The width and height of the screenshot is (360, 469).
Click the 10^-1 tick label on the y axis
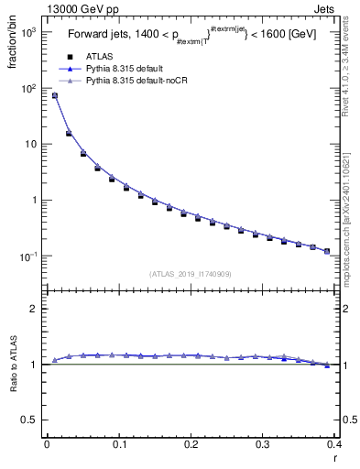(x=27, y=256)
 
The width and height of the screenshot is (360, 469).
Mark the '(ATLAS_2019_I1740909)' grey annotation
(x=190, y=273)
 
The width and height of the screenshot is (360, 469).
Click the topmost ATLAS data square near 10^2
(x=54, y=95)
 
